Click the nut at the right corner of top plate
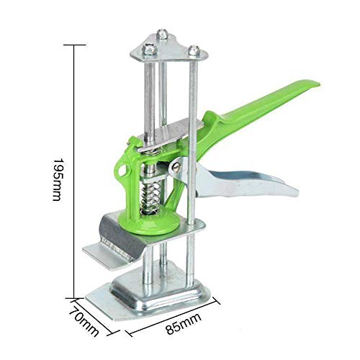194,50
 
